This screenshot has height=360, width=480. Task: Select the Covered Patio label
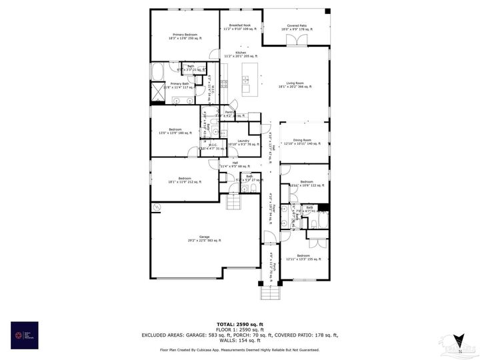tap(297, 27)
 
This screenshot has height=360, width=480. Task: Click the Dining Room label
tap(302, 141)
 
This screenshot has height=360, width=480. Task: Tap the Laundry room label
tap(243, 142)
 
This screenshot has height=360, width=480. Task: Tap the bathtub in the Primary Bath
tap(161, 70)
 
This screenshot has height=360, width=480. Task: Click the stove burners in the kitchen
tap(224, 84)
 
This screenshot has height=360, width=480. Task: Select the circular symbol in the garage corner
tap(157, 208)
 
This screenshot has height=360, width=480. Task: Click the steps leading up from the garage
tap(233, 202)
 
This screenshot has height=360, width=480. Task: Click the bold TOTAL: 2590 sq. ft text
tap(240, 324)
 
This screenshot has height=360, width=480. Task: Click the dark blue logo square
tap(25, 335)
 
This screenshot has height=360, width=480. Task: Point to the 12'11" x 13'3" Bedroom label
tap(303, 257)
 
